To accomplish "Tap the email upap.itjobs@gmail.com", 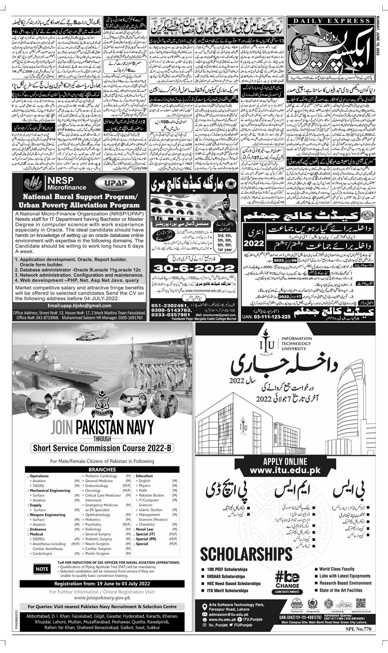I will click(x=79, y=305).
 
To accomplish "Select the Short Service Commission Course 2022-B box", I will click(x=102, y=448).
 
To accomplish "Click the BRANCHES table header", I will click(x=102, y=469).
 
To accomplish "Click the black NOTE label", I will click(x=42, y=568).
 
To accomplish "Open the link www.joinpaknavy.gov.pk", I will click(x=102, y=597).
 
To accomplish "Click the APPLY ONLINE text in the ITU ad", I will click(x=285, y=461).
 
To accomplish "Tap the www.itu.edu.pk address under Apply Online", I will click(x=285, y=470).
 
